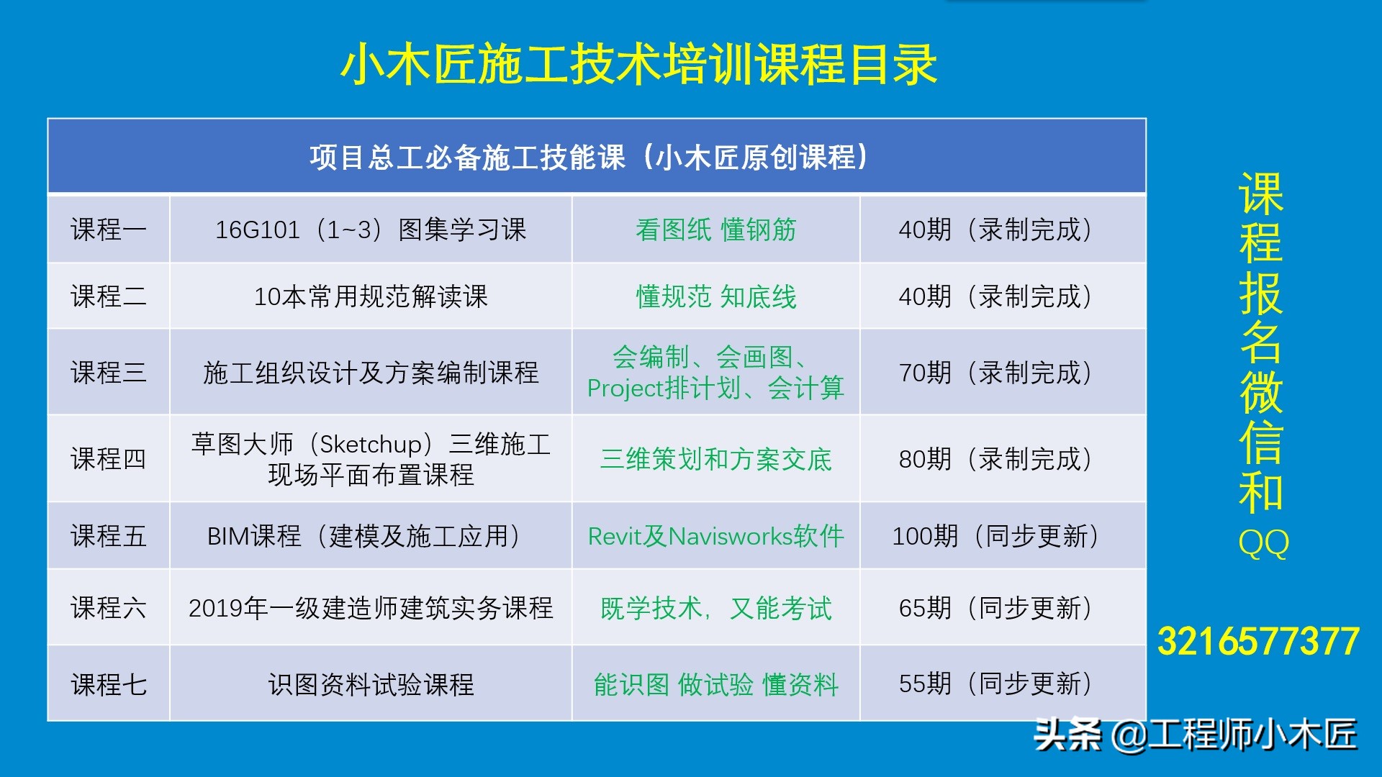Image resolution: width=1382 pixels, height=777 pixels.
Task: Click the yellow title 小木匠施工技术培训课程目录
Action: click(638, 65)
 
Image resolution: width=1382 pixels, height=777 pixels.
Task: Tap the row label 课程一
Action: click(109, 230)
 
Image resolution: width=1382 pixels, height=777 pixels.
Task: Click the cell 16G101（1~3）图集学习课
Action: click(371, 230)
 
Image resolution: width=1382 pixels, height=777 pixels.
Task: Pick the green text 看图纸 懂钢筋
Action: click(715, 230)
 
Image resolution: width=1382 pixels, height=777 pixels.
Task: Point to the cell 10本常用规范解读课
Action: click(371, 296)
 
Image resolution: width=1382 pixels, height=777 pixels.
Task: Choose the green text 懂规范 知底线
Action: click(715, 296)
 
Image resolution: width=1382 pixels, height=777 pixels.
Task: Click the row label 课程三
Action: click(109, 373)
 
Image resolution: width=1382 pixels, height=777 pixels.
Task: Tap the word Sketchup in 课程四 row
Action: click(371, 444)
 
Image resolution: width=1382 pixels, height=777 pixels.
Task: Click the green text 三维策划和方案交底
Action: click(715, 459)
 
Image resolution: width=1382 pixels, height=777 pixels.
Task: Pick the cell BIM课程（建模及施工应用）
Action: click(364, 536)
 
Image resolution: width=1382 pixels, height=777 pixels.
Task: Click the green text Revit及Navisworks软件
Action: click(715, 536)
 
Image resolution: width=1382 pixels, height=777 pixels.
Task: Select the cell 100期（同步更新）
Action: click(995, 536)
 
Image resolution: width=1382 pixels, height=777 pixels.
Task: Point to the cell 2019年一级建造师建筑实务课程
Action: click(371, 608)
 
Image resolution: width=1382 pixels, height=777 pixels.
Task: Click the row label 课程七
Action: click(109, 684)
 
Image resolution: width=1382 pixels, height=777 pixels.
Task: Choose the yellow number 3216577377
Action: click(1258, 642)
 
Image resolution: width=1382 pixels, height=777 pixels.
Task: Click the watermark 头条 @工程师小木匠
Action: click(1195, 735)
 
